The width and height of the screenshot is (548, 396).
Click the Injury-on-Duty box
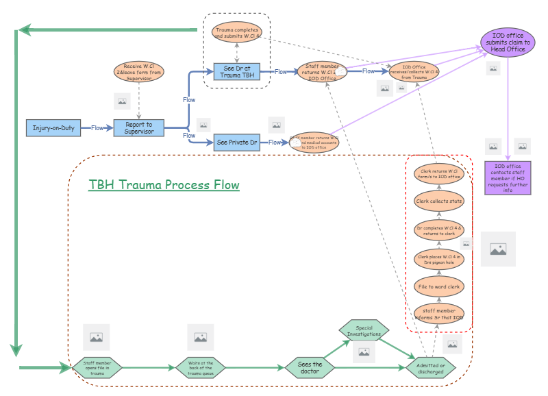(x=53, y=127)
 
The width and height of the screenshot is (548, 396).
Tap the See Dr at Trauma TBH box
(x=237, y=71)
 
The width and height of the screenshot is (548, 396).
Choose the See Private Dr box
(x=236, y=143)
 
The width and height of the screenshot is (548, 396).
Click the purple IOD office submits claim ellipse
(x=508, y=41)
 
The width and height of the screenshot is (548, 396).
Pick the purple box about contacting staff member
(x=508, y=178)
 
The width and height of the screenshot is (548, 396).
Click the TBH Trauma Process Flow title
(x=164, y=185)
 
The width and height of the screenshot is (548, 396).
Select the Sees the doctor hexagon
(x=310, y=368)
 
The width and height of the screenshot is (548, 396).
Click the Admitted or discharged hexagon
(x=430, y=368)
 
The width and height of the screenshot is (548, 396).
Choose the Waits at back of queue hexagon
(x=200, y=368)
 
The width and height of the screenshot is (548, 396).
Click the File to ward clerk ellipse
(x=439, y=286)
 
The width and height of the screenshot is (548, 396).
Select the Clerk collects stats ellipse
(x=439, y=201)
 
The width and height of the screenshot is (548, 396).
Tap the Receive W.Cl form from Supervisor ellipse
(x=139, y=71)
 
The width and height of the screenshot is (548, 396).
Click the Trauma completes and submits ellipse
(x=236, y=32)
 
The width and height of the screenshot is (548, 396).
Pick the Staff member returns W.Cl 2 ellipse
(x=322, y=71)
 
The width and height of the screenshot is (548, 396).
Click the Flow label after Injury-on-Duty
(x=98, y=127)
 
